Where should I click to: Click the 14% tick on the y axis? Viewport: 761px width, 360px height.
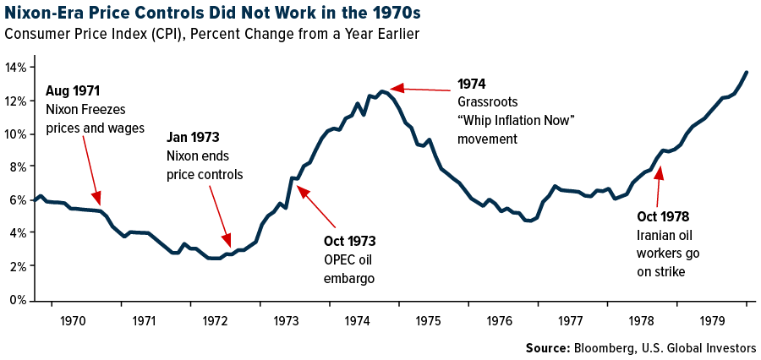(x=17, y=67)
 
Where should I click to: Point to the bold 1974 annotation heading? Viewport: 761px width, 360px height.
(x=472, y=85)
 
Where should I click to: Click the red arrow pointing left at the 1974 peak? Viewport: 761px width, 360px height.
(x=419, y=88)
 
